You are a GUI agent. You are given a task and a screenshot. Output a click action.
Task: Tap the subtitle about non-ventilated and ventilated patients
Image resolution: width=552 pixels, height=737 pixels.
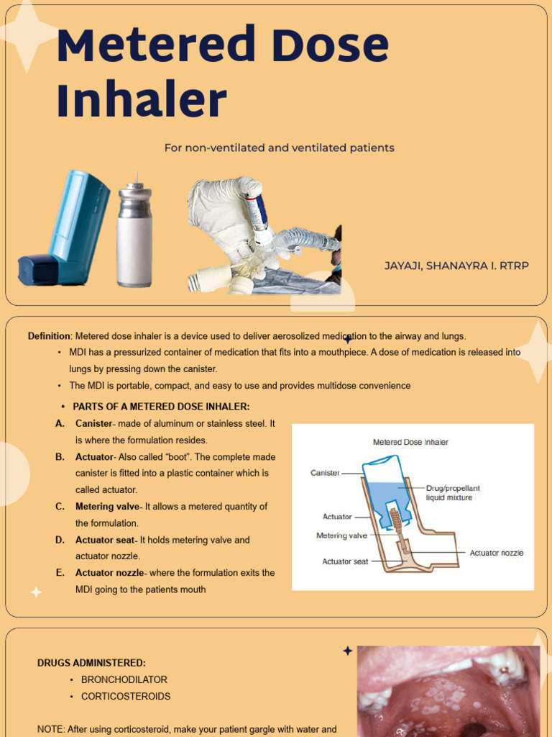[279, 148]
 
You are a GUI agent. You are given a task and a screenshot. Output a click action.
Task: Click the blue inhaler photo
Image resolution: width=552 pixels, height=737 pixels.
[65, 229]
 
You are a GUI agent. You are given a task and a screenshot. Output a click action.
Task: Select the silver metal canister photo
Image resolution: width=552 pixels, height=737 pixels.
[134, 234]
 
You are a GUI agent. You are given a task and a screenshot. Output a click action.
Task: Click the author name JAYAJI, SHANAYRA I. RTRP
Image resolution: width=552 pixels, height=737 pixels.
[456, 266]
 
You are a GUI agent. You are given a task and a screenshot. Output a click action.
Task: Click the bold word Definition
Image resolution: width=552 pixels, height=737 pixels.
[49, 336]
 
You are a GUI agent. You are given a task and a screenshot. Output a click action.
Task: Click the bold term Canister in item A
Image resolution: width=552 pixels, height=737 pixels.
[94, 424]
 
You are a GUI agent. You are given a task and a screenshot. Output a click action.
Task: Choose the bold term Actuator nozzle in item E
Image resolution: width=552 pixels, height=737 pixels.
[109, 573]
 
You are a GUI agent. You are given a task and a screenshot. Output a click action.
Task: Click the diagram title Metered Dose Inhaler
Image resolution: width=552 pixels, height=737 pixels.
[410, 442]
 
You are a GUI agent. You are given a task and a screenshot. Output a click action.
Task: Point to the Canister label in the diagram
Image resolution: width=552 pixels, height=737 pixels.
[325, 473]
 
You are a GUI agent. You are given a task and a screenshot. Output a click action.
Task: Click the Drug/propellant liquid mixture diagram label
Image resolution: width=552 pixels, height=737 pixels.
[452, 493]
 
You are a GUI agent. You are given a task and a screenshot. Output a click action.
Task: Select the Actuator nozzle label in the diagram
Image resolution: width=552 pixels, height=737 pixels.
[496, 553]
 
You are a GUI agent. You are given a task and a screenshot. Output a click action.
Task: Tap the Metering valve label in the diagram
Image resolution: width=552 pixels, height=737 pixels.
[341, 535]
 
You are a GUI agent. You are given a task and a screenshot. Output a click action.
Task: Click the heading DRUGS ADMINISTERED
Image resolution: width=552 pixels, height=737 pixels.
[91, 662]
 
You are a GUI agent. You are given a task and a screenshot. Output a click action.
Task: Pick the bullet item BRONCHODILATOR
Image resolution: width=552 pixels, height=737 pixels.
[124, 679]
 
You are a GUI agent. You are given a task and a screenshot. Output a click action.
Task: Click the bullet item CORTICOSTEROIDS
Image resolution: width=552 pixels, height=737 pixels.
[126, 697]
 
